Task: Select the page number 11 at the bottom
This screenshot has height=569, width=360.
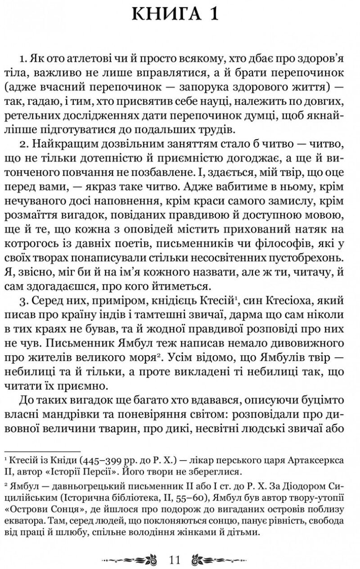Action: click(x=175, y=560)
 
